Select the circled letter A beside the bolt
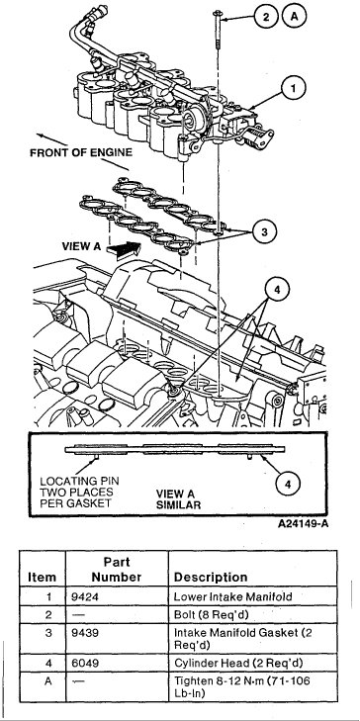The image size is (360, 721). [296, 16]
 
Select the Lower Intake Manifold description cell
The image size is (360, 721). [230, 596]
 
